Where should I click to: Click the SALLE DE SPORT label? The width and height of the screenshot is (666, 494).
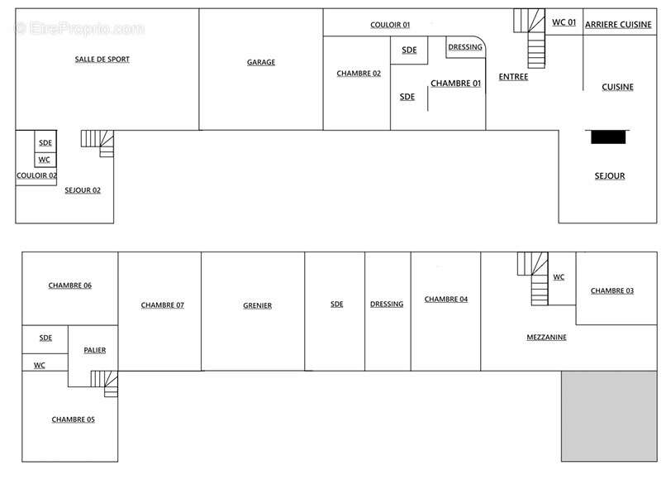coord(102,60)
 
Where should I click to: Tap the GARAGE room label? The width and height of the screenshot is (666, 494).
coord(261,62)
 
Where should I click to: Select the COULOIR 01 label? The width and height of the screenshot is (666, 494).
coord(390,25)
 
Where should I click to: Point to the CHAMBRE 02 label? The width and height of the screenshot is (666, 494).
coord(359,74)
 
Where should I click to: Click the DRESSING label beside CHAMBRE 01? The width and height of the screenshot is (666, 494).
coord(465,47)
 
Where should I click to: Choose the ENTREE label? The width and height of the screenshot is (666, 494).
coord(513,77)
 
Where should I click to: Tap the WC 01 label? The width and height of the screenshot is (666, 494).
coord(564,22)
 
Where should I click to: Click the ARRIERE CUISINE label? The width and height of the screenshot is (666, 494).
coord(618,25)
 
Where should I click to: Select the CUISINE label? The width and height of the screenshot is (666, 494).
coord(617,87)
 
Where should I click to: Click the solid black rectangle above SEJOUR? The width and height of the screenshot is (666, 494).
coord(608,137)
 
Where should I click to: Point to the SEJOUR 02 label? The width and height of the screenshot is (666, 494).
coord(83,190)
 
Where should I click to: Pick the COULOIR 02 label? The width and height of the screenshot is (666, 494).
coord(36,175)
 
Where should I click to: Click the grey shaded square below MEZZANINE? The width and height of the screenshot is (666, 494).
coord(609,416)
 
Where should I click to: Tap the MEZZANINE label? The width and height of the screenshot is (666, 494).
coord(546,337)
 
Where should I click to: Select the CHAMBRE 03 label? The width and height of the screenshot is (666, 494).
coord(612,290)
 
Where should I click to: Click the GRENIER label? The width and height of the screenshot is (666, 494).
coord(258,305)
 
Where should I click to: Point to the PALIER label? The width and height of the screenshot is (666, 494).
coord(95,350)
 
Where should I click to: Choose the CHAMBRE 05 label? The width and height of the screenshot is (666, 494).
coord(73,420)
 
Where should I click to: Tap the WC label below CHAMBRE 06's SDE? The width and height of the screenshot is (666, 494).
coord(40,365)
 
